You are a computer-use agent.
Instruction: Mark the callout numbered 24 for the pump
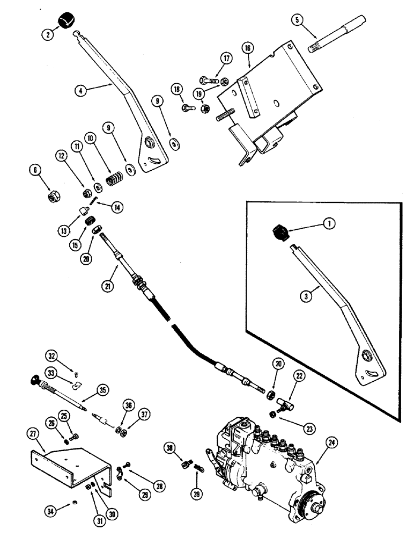(x=331, y=443)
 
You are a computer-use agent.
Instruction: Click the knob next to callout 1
(x=277, y=234)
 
